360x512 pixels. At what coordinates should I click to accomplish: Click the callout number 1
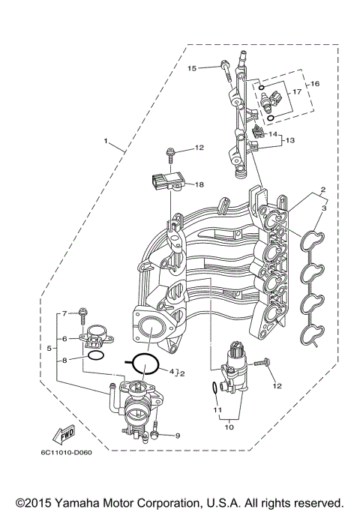tap(106, 140)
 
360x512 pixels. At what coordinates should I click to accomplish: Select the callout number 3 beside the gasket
tap(325, 208)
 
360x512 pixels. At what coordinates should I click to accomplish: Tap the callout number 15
tap(192, 68)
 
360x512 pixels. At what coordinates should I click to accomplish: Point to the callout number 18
tap(199, 184)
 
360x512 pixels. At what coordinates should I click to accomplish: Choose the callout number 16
tap(315, 84)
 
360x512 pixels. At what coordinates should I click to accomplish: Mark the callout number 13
tap(290, 139)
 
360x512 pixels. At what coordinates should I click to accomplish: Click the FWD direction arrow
tap(61, 434)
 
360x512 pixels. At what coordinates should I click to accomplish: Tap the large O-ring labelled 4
tap(142, 363)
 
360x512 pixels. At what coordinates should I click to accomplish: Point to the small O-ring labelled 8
tap(96, 355)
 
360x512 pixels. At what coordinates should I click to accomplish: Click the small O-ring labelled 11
tap(215, 388)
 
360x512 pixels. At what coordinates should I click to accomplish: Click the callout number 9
tap(177, 436)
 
